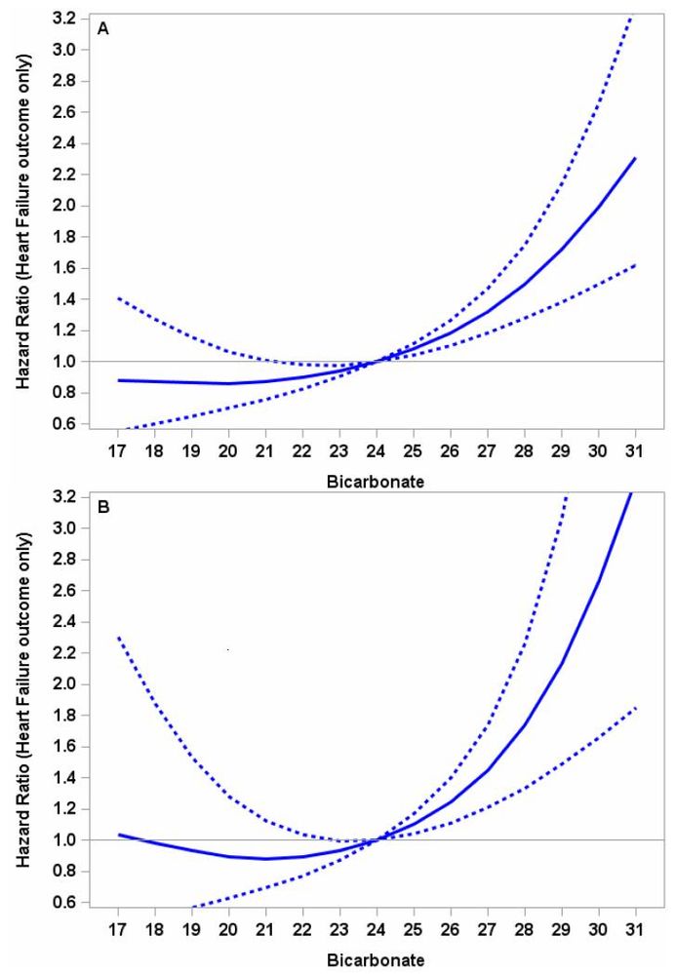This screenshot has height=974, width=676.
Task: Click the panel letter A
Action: pyautogui.click(x=102, y=29)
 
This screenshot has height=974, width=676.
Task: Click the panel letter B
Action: pyautogui.click(x=102, y=508)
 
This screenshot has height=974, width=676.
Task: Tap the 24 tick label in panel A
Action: pyautogui.click(x=377, y=451)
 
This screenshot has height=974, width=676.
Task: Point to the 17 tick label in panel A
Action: pyautogui.click(x=118, y=451)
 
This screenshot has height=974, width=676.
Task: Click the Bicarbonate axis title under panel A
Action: pyautogui.click(x=377, y=482)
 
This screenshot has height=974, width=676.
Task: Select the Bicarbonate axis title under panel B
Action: pyautogui.click(x=377, y=960)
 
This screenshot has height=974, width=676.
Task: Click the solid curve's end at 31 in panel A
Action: pyautogui.click(x=635, y=159)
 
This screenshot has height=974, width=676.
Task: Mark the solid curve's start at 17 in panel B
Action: pyautogui.click(x=118, y=835)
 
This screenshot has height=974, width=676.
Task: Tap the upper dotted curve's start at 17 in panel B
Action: pyautogui.click(x=118, y=638)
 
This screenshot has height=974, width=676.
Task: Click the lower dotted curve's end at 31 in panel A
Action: pyautogui.click(x=635, y=265)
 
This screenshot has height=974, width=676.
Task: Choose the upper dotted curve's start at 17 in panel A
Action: pyautogui.click(x=118, y=298)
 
